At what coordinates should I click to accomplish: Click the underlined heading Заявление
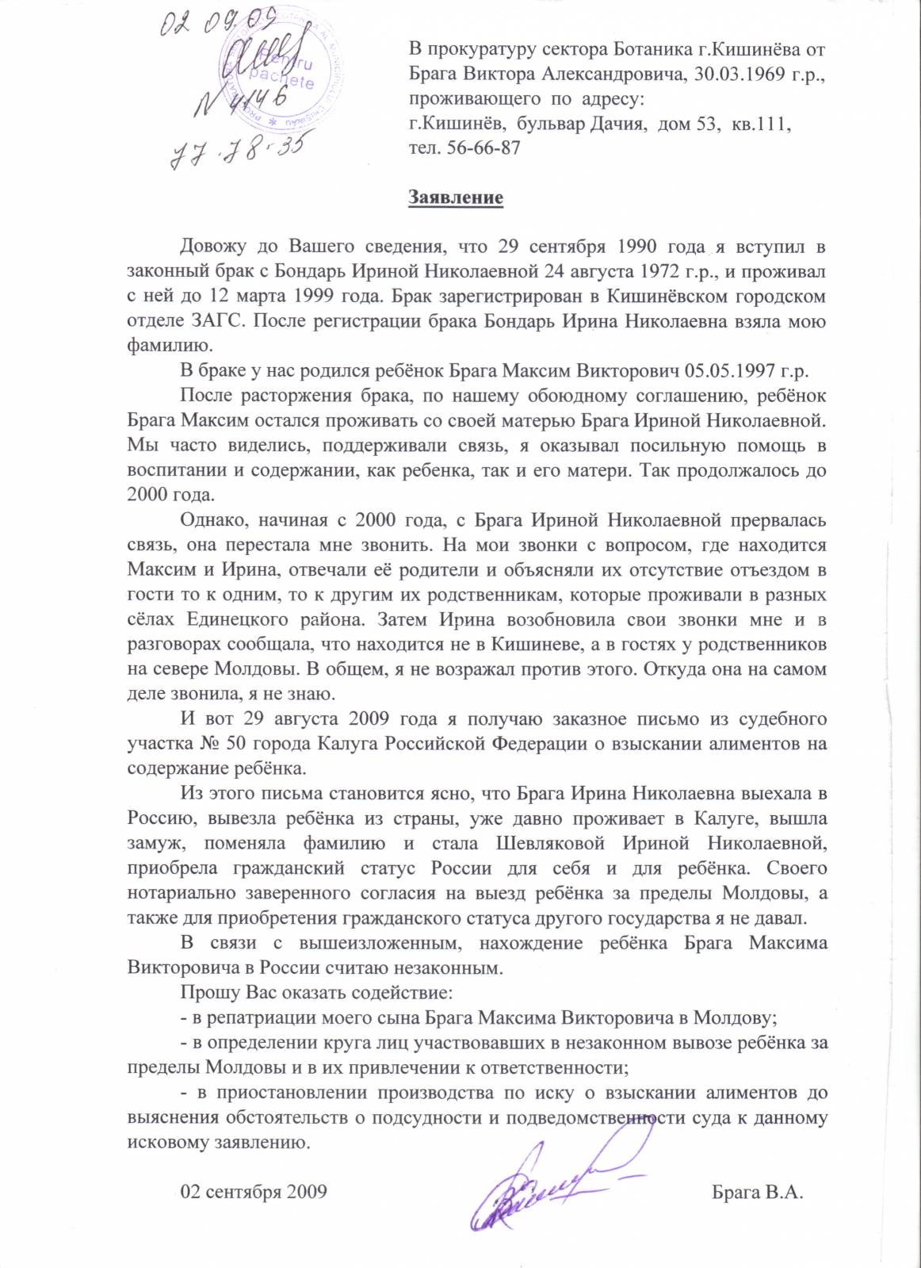click(456, 197)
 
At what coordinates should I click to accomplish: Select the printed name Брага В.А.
click(758, 1192)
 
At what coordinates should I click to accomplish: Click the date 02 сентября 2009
click(254, 1192)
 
